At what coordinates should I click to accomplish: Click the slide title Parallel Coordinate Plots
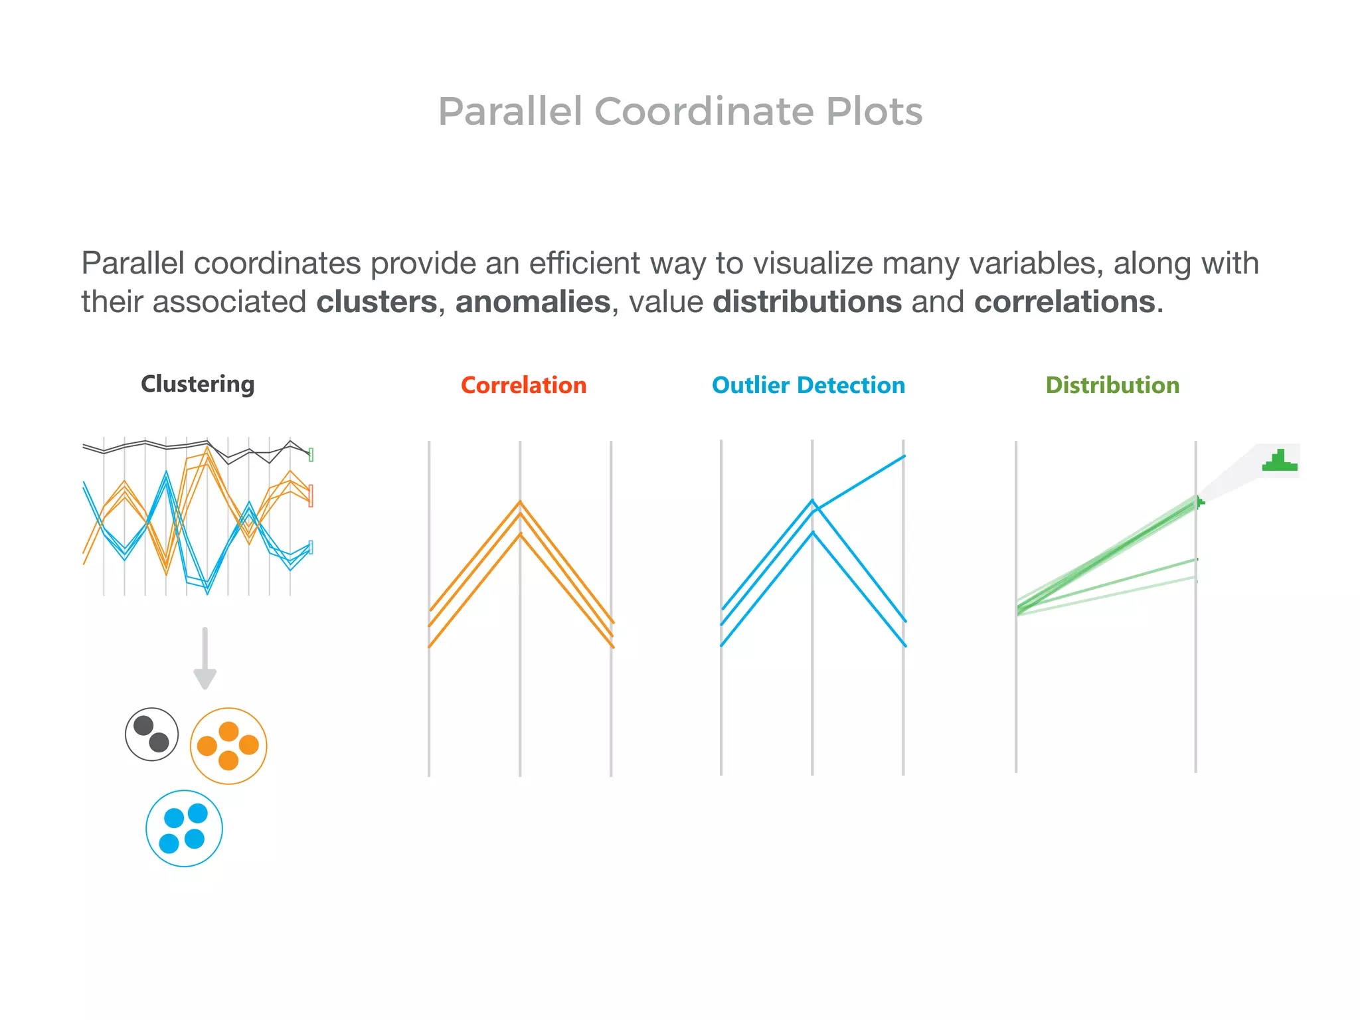tap(680, 111)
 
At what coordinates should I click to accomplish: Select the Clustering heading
tap(197, 384)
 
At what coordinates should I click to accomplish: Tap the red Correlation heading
tap(523, 386)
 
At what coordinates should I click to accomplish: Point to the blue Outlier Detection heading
tap(808, 386)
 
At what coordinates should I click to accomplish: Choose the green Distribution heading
tap(1112, 386)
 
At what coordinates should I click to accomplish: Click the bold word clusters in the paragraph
tap(377, 302)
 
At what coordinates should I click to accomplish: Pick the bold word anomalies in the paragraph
tap(533, 302)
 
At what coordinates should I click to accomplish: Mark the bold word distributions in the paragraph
tap(807, 302)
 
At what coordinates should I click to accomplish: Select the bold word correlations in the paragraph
tap(1064, 302)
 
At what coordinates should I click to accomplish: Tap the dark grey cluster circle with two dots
tap(152, 734)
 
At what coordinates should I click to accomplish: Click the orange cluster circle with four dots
tap(228, 746)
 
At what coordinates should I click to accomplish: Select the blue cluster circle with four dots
tap(184, 828)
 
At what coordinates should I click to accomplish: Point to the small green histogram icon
tap(1280, 461)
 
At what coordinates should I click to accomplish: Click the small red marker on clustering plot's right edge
tap(311, 495)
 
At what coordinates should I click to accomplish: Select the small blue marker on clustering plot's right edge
tap(311, 547)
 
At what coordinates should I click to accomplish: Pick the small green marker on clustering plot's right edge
tap(311, 455)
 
